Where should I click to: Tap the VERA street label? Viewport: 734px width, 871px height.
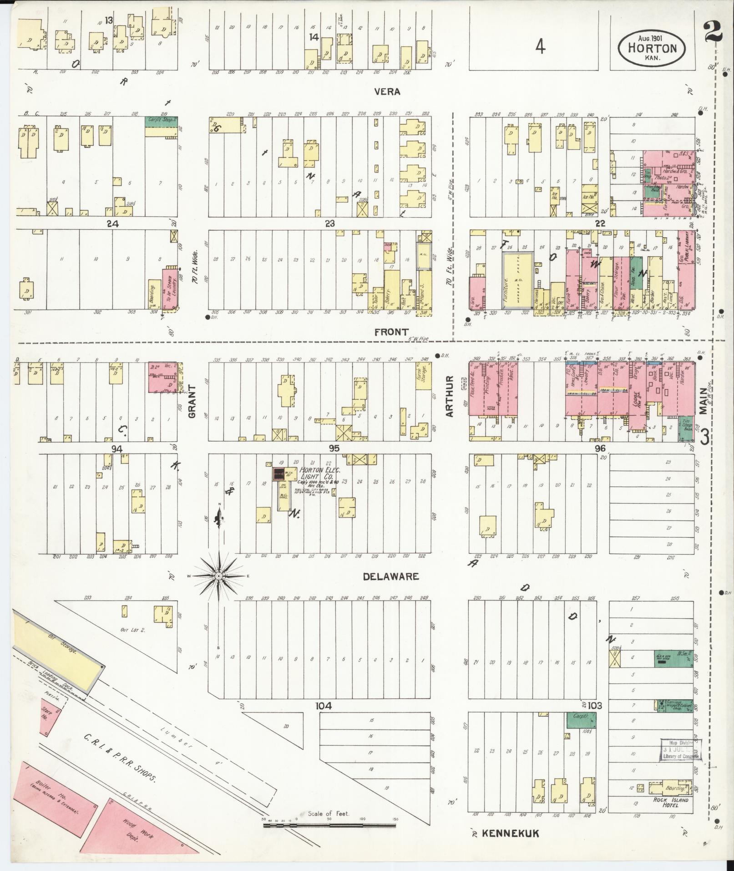pos(387,92)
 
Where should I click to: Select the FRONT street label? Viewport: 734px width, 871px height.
pos(391,332)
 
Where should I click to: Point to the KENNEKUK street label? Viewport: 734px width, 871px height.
pos(510,834)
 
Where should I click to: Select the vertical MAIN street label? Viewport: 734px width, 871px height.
pos(704,401)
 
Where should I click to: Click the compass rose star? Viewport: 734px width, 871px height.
pos(219,576)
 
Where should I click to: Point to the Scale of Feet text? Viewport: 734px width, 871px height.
pos(328,814)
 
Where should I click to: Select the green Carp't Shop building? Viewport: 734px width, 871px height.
pos(160,122)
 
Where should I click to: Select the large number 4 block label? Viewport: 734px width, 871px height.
pos(540,46)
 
